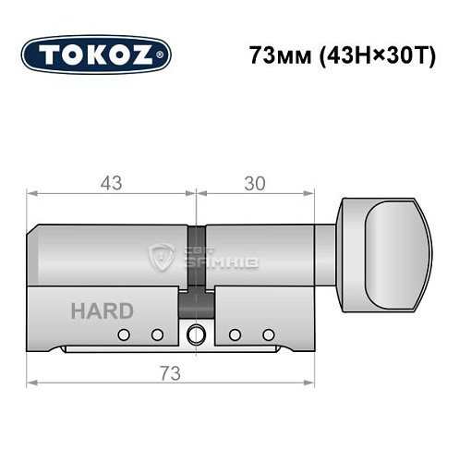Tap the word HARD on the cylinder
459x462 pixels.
102,310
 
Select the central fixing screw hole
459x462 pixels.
196,334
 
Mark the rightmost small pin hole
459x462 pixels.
269,334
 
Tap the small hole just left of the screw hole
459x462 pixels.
157,334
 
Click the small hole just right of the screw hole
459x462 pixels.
236,334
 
